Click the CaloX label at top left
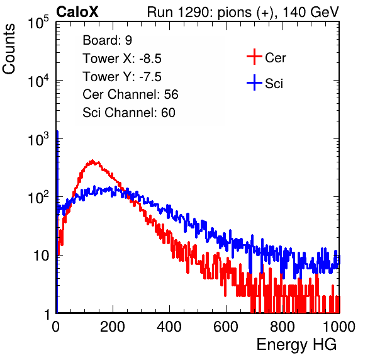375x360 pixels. click(x=77, y=12)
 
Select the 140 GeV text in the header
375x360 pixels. click(x=311, y=12)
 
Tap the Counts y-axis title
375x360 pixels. click(x=9, y=49)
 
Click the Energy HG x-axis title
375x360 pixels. click(x=296, y=345)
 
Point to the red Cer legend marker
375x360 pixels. click(x=254, y=57)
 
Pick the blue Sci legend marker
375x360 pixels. click(x=254, y=82)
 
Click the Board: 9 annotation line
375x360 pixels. click(x=107, y=40)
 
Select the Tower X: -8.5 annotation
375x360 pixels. click(x=122, y=59)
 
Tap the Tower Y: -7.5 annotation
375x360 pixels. click(x=122, y=77)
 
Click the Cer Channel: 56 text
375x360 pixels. click(x=130, y=94)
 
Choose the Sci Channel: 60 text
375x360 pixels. click(x=129, y=113)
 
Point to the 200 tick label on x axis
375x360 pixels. click(x=113, y=327)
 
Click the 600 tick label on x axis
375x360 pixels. click(x=226, y=327)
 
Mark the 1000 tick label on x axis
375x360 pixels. click(x=339, y=327)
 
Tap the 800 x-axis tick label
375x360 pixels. click(x=283, y=327)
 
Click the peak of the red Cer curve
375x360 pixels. click(x=92, y=160)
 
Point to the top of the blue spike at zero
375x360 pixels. click(x=57, y=131)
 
